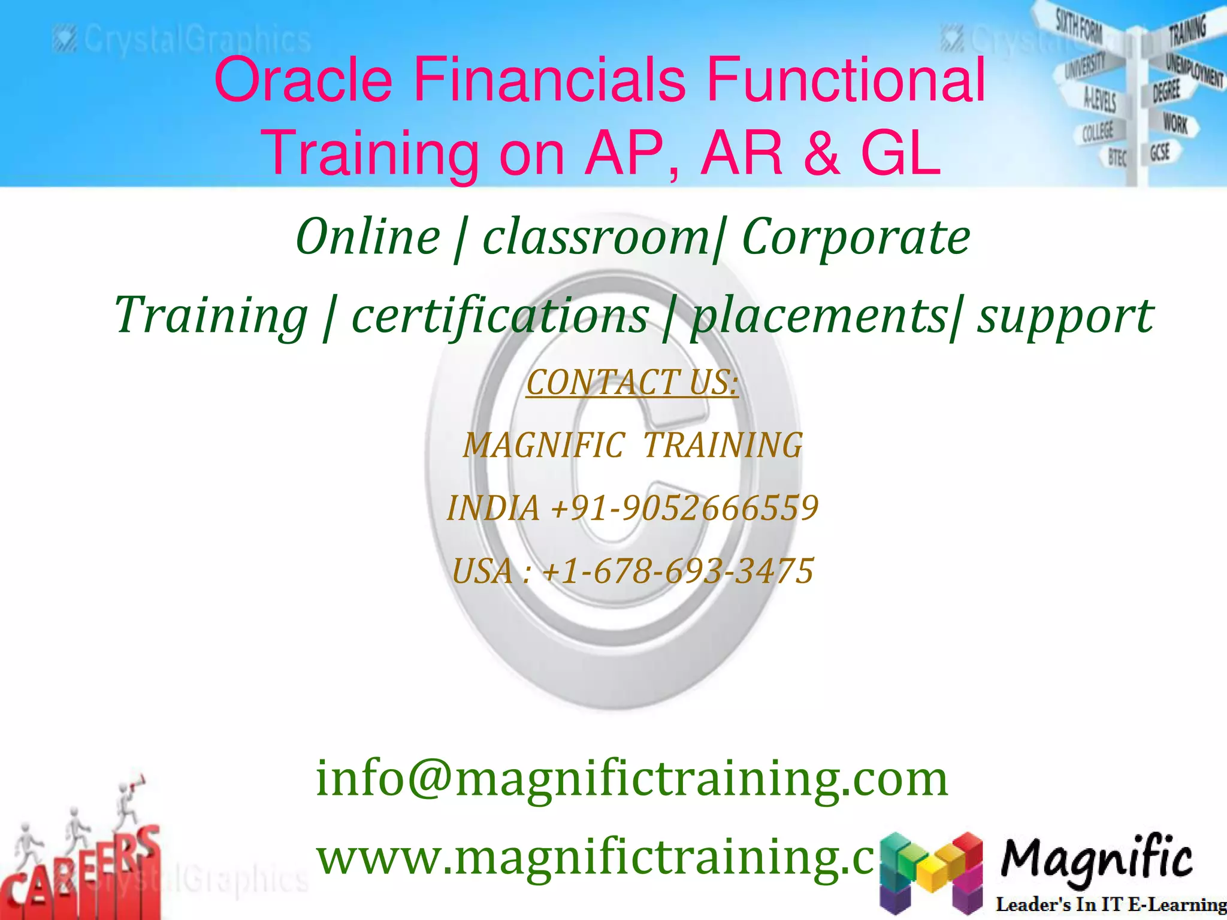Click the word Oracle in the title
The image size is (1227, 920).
[303, 80]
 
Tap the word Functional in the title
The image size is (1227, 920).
[845, 80]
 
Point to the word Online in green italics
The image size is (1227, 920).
[368, 237]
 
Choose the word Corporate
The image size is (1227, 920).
[856, 238]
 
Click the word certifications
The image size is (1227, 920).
[500, 316]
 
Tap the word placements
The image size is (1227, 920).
[818, 316]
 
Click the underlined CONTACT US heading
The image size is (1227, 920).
[632, 382]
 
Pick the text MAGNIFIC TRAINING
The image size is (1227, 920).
[633, 446]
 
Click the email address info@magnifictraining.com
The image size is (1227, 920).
[632, 779]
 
